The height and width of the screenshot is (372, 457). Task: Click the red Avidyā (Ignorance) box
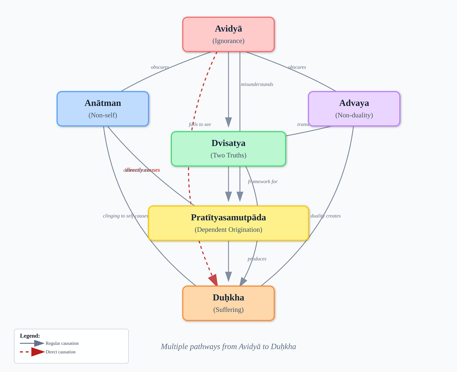click(228, 34)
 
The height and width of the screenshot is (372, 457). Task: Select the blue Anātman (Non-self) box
click(103, 109)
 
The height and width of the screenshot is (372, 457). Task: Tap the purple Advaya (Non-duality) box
click(354, 109)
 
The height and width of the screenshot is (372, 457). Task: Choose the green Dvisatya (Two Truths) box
click(228, 149)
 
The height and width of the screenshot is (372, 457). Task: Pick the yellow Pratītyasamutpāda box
click(228, 223)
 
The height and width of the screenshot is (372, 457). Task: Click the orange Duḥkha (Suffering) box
click(228, 303)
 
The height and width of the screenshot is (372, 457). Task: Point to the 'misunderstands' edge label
click(257, 84)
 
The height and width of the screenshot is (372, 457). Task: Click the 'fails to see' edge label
click(200, 124)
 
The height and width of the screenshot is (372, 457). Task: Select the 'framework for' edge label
click(262, 181)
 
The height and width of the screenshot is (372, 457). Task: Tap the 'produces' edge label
click(257, 259)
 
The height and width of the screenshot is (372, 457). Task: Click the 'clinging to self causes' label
click(125, 216)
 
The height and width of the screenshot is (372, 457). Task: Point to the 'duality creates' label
click(325, 216)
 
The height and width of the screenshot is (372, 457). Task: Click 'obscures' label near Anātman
click(160, 67)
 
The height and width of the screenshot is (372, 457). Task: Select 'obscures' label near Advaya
click(297, 67)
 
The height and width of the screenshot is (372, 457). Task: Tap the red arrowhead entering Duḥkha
click(213, 280)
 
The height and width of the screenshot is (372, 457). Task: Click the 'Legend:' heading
click(30, 336)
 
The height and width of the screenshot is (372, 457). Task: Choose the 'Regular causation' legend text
click(62, 343)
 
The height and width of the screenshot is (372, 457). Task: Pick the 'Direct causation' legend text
click(60, 352)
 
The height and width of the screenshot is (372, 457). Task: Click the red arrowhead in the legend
click(38, 352)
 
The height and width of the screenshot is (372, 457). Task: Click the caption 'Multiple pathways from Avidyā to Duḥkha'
click(228, 347)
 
